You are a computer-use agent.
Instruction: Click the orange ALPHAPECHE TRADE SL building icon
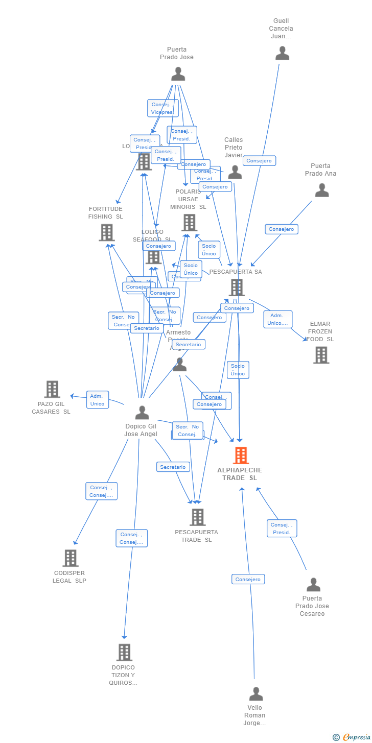coord(241,455)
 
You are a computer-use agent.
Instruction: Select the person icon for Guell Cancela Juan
coord(282,53)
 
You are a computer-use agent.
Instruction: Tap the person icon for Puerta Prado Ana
coord(322,190)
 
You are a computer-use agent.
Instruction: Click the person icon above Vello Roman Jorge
coord(256,694)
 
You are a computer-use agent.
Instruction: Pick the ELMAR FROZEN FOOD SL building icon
coord(321,355)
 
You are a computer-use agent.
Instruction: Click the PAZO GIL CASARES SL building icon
coord(52,389)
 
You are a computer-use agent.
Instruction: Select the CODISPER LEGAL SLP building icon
coord(71,558)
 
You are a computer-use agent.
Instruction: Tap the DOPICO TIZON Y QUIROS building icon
coord(124,652)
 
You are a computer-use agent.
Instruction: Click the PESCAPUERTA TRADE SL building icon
coord(197,517)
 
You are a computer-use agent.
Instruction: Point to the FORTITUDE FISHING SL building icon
coord(106,232)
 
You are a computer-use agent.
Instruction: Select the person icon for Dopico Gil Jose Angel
coord(142,413)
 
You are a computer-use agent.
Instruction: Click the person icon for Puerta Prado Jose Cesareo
coord(313,585)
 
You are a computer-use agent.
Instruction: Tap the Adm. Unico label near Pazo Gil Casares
coord(97,400)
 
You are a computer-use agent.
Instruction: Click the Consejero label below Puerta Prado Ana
coord(281,229)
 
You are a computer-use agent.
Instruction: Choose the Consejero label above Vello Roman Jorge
coord(248,579)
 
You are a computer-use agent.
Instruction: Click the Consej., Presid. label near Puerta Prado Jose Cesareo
coord(282,529)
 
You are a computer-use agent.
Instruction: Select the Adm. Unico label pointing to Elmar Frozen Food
coord(278,320)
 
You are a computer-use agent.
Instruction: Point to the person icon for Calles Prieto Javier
coord(235,172)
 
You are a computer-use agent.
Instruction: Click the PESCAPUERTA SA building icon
coord(236,287)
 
